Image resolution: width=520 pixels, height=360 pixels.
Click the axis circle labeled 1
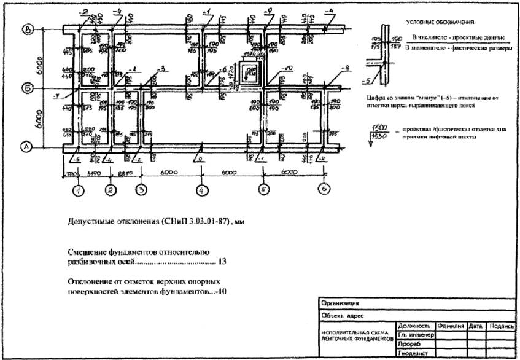[78, 190]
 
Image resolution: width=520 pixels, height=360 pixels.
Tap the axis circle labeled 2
[111, 190]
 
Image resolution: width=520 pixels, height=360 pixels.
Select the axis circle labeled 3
[141, 190]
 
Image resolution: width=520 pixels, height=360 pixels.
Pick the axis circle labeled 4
[203, 190]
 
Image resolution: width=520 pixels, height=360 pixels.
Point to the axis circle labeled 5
[264, 190]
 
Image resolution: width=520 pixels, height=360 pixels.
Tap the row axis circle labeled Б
[28, 89]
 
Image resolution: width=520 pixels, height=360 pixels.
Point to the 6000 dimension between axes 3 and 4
[172, 174]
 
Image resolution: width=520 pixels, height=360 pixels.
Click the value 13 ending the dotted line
[222, 262]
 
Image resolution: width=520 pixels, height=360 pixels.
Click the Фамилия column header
[450, 326]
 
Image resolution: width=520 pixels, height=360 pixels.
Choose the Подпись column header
[501, 326]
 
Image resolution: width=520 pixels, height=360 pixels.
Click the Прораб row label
[409, 345]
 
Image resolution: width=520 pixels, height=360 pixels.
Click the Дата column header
[476, 326]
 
